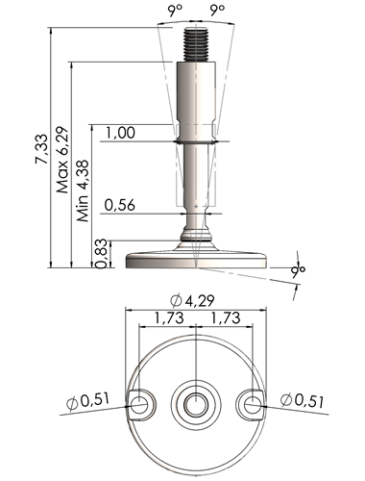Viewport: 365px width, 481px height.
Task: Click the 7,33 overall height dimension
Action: pyautogui.click(x=42, y=149)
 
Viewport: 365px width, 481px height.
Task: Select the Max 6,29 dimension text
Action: pyautogui.click(x=62, y=160)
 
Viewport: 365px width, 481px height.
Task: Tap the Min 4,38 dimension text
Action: pyautogui.click(x=83, y=190)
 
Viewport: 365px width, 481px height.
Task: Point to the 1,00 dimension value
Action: pyautogui.click(x=120, y=133)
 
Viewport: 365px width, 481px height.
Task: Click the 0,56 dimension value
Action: pyautogui.click(x=120, y=205)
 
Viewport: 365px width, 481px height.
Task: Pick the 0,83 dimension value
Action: pyautogui.click(x=102, y=253)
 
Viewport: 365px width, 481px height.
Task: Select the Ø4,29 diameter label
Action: pyautogui.click(x=192, y=301)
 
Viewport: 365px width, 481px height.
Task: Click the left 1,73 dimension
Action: pyautogui.click(x=169, y=317)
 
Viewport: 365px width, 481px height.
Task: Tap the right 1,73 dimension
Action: pyautogui.click(x=225, y=317)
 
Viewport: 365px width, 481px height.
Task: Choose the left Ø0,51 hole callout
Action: pyautogui.click(x=88, y=401)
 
